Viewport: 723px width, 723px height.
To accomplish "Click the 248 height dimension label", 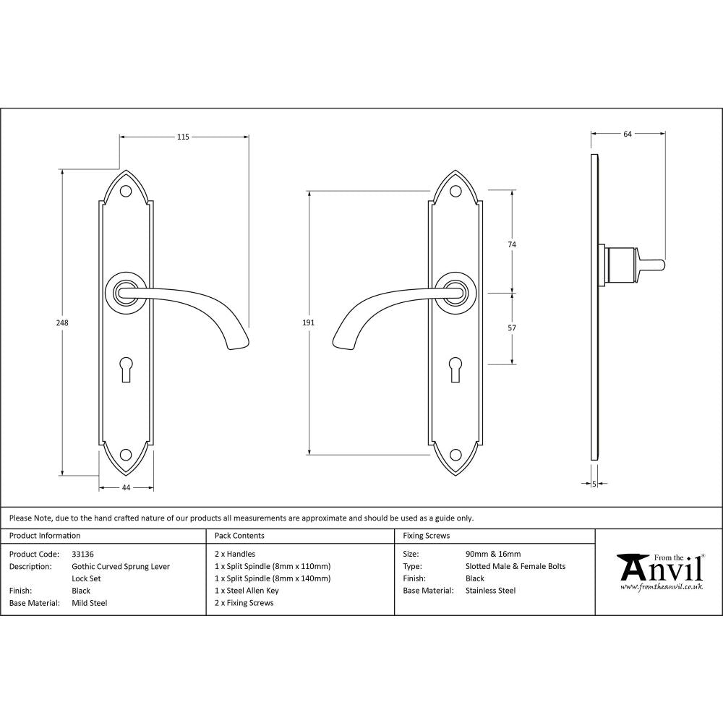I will [x=63, y=323].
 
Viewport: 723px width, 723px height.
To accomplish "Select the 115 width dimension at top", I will [x=183, y=137].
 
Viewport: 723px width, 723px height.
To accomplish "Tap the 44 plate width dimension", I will [x=126, y=488].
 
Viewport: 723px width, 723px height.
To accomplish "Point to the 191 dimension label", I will [x=309, y=323].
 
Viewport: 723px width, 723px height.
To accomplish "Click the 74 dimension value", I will [x=513, y=244].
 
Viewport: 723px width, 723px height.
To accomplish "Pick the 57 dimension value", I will [x=513, y=328].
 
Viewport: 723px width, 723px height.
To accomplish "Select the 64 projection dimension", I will [x=628, y=134].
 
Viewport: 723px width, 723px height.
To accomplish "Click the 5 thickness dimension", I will [x=594, y=484].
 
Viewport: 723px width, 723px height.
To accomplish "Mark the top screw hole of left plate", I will [x=126, y=192].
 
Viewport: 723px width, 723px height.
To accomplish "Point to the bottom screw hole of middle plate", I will [x=455, y=455].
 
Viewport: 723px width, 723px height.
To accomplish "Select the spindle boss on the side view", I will [x=619, y=265].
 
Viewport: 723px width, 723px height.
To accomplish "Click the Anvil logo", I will [x=659, y=571].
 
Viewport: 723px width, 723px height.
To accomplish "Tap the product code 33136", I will [x=83, y=554].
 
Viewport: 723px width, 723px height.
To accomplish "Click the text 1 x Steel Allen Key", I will [x=247, y=591].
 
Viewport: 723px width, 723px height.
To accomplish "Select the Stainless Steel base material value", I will [x=491, y=591].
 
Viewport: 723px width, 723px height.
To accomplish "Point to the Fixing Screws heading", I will [x=426, y=536].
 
